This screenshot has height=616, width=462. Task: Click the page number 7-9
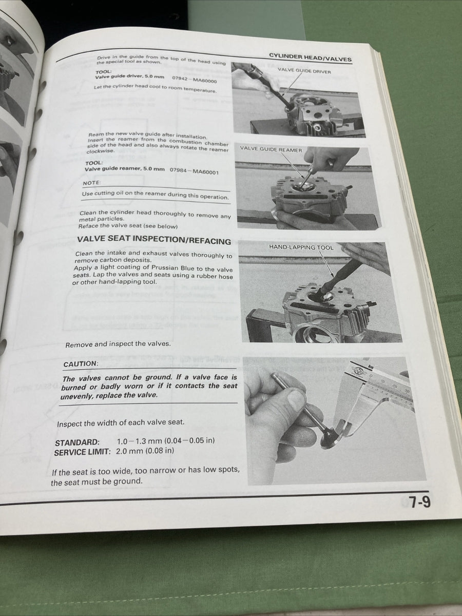click(x=419, y=502)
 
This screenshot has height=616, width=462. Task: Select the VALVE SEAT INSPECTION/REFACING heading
click(x=153, y=240)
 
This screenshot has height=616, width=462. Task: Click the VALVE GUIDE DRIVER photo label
click(x=304, y=71)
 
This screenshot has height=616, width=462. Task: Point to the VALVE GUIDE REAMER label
click(x=271, y=150)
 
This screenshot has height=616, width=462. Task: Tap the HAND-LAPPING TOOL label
click(x=301, y=247)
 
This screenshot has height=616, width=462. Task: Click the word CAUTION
click(x=80, y=364)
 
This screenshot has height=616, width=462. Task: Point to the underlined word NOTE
click(x=92, y=183)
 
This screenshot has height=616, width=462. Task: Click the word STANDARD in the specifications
click(x=77, y=442)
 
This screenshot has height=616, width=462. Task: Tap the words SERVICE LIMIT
click(x=82, y=452)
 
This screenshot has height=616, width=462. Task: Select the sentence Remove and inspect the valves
click(x=118, y=344)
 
